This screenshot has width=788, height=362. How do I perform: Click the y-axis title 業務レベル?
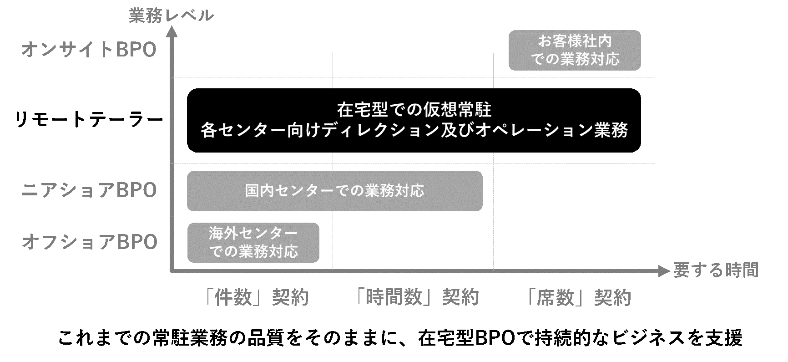(171, 15)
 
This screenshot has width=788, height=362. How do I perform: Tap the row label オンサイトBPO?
(89, 49)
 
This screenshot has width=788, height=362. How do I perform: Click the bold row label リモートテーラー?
(89, 120)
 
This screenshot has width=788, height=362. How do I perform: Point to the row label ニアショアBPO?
(89, 190)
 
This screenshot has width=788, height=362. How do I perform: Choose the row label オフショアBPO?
(90, 242)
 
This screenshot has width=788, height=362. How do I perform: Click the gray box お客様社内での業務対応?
(575, 51)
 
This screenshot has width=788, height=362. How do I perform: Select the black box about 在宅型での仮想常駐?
(414, 120)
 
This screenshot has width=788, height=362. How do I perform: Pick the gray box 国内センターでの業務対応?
(335, 191)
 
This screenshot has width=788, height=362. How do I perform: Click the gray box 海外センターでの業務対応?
(253, 243)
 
